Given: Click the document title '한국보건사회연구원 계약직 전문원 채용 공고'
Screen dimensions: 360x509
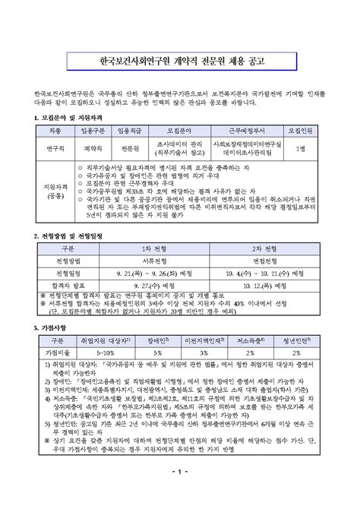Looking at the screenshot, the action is coord(180,58).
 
